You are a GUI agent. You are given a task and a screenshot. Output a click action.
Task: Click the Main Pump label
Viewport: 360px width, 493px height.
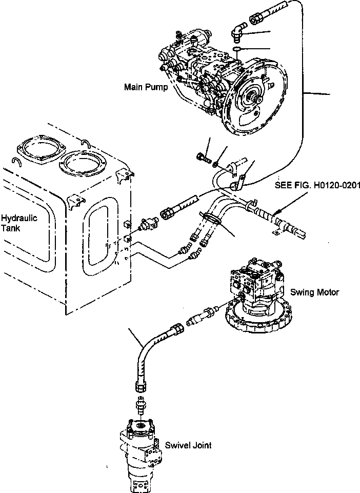pyautogui.click(x=146, y=87)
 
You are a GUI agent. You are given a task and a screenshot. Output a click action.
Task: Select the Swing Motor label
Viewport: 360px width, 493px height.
pyautogui.click(x=314, y=292)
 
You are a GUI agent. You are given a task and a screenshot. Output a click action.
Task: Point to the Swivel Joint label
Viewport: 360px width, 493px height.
pyautogui.click(x=188, y=445)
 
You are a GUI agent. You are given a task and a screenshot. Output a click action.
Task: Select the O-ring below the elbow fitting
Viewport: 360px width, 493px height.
pyautogui.click(x=235, y=49)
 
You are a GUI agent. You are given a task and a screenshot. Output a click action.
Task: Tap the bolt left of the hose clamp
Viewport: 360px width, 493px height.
pyautogui.click(x=203, y=157)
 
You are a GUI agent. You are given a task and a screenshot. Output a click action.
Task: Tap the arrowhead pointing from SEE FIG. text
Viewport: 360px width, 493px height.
pyautogui.click(x=276, y=210)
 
